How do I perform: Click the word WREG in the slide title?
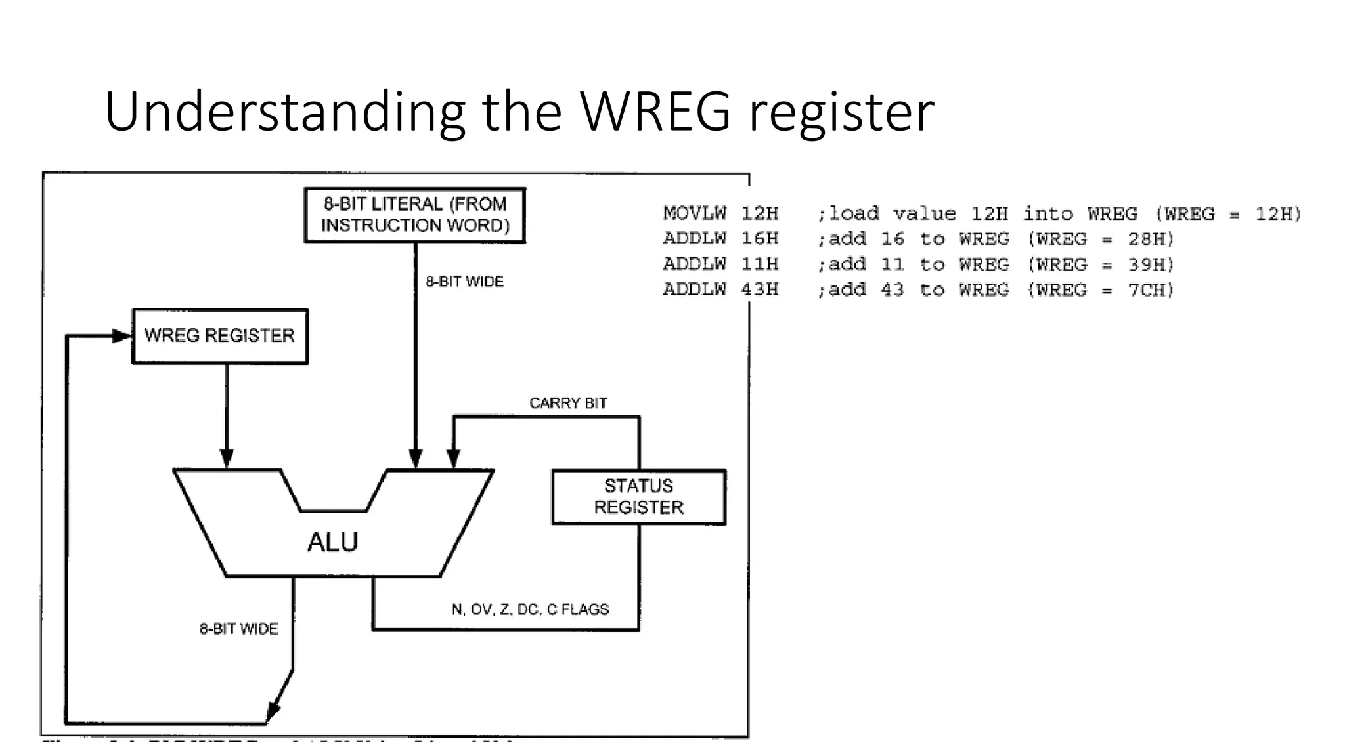coord(655,112)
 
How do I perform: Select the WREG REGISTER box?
coord(220,336)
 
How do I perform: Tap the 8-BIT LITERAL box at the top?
coord(415,215)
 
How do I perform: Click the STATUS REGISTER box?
coord(638,497)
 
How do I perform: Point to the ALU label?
coord(332,542)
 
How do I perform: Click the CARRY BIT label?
coord(568,403)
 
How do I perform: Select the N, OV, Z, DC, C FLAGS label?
coord(530,610)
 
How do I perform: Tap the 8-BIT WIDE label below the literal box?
coord(464,282)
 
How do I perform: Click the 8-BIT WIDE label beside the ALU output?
coord(239,629)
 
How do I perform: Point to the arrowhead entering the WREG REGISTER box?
coord(123,336)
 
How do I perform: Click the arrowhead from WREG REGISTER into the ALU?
coord(227,458)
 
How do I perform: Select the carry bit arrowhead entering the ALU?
coord(453,458)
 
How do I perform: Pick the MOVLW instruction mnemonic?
coord(694,213)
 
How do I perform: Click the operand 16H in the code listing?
coord(760,239)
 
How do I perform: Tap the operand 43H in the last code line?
coord(760,289)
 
